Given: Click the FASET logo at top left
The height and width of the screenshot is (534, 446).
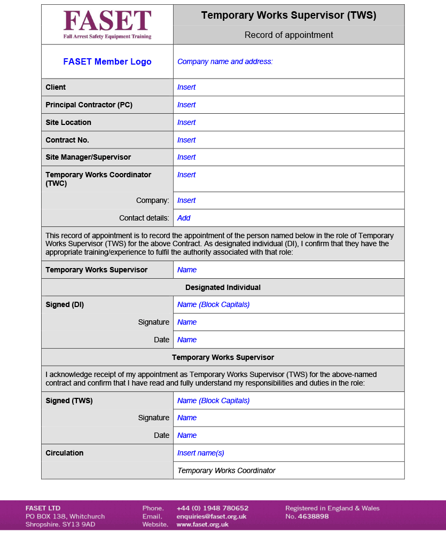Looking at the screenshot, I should click(x=107, y=24).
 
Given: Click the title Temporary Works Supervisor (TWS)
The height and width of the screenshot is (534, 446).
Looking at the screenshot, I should click(x=288, y=15).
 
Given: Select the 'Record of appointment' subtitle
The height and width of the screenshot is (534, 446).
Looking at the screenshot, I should click(x=288, y=35).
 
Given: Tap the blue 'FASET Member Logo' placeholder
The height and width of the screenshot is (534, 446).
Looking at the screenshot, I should click(x=107, y=62).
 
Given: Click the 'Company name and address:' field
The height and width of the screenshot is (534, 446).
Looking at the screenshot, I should click(x=225, y=62).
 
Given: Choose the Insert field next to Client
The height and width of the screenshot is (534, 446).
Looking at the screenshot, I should click(x=186, y=88).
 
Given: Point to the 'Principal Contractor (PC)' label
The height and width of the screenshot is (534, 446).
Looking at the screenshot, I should click(x=89, y=105).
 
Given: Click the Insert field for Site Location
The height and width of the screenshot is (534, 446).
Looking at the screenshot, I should click(x=186, y=123).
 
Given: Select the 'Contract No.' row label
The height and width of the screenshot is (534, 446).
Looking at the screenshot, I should click(x=67, y=140).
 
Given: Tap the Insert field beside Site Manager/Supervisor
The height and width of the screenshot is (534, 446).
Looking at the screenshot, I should click(x=186, y=158).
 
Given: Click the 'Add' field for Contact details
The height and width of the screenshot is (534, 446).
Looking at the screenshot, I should click(x=184, y=218).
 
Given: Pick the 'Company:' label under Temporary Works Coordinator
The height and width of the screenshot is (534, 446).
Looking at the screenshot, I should click(x=152, y=201).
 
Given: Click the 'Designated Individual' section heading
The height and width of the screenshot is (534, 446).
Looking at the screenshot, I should click(x=223, y=288).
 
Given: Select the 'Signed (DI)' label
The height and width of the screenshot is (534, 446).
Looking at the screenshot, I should click(x=65, y=305).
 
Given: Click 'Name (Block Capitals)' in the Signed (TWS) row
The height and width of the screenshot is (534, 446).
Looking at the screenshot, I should click(x=213, y=401).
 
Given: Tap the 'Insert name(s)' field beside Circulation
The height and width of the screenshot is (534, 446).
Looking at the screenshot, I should click(x=200, y=453).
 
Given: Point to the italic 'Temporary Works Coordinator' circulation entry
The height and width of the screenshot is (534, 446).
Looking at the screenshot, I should click(x=226, y=471).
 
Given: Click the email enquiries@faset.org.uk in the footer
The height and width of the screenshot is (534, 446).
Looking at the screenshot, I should click(x=211, y=516).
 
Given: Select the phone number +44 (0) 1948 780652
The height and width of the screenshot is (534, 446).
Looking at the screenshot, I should click(x=212, y=508).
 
